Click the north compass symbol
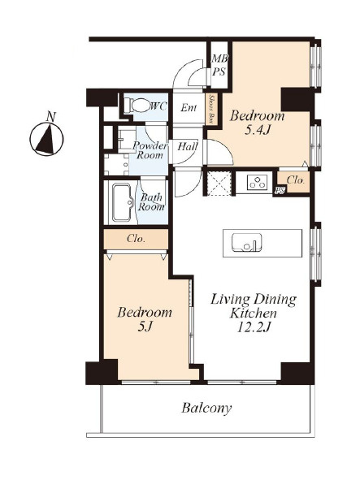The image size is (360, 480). tap(46, 139)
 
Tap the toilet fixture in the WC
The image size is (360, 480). tap(138, 106)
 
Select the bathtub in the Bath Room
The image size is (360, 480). tap(122, 202)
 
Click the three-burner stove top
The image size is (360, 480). tap(257, 183)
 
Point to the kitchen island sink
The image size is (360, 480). tap(247, 243)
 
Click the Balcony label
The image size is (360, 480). tap(206, 408)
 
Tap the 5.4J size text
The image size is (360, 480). tap(258, 130)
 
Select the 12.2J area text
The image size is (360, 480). tap(254, 327)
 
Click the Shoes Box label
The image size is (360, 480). tap(211, 109)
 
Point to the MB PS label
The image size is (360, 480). tap(219, 65)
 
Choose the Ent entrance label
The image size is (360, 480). tap(189, 107)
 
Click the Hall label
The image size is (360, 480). tap(188, 146)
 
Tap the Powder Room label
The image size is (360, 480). tap(150, 150)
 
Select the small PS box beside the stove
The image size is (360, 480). tap(280, 190)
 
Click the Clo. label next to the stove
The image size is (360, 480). tap(295, 180)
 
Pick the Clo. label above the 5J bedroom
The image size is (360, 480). tap(136, 239)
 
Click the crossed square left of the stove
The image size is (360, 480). tap(218, 184)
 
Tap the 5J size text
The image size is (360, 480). tap(145, 327)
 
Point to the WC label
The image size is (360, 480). tap(158, 106)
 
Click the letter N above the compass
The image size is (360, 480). tap(51, 116)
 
